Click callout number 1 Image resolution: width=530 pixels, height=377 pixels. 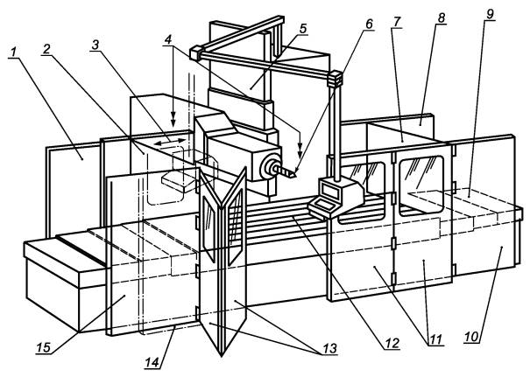pos(14,52)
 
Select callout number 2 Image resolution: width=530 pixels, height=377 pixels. pos(46,49)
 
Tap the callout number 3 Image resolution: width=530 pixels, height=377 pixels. pos(95,45)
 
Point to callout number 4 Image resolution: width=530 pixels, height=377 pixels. pos(168,40)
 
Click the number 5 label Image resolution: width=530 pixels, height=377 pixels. pos(303,29)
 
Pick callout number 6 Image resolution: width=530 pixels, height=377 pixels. pos(369,24)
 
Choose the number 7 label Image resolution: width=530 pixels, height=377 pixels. pos(397,21)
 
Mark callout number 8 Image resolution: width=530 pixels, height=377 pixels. pos(442,17)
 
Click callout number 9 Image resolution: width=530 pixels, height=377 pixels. pos(490,14)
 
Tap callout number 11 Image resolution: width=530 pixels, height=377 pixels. pos(435,339)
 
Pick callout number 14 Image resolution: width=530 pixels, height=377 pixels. pos(152,362)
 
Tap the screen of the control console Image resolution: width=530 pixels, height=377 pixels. pos(330,191)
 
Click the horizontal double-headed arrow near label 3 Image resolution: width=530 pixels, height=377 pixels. pos(170,143)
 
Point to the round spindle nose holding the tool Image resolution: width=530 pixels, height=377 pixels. pos(270,165)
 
